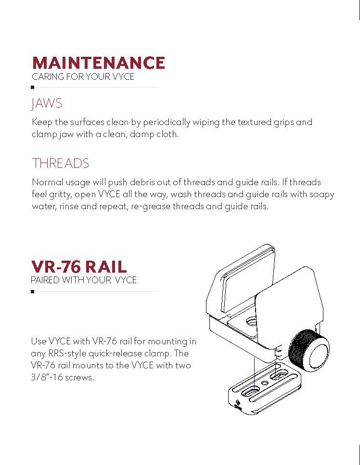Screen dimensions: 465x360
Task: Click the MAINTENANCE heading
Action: (x=98, y=63)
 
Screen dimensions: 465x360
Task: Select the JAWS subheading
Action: (x=47, y=103)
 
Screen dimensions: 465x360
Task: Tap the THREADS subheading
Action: (x=60, y=163)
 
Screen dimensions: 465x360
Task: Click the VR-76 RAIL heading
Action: (x=79, y=267)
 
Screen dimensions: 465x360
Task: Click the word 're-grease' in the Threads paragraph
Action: (x=148, y=206)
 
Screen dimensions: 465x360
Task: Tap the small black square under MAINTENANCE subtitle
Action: (x=32, y=88)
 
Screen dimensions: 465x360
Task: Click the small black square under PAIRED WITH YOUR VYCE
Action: (x=32, y=291)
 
